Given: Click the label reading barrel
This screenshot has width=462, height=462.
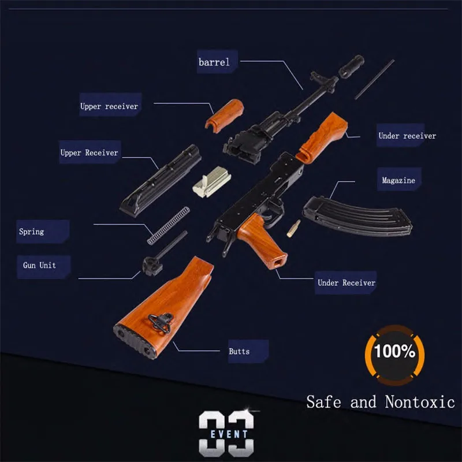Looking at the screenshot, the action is pos(214,62).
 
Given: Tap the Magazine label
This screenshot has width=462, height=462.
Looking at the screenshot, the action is pos(398,181).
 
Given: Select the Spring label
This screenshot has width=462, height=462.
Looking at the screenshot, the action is pos(31,232).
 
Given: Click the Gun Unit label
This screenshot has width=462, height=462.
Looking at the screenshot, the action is pos(39,265).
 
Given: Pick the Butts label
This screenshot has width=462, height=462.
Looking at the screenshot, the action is pos(239,351).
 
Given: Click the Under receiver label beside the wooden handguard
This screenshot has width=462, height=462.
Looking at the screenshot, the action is pos(407,136).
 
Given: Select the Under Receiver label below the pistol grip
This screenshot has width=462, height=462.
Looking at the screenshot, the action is pos(346,282).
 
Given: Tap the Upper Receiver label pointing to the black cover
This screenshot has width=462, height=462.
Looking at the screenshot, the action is pos(89,153).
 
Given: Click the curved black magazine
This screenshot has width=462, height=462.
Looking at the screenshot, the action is pos(355,214).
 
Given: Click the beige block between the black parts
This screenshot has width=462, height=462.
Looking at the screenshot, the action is pos(209,182).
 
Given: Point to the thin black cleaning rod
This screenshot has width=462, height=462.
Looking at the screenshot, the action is pos(374,79).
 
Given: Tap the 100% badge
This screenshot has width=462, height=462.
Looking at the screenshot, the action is pos(394,351).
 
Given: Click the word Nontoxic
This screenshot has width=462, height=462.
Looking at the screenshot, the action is pos(419,401).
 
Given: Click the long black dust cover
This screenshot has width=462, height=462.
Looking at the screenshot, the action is pos(161,180).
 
